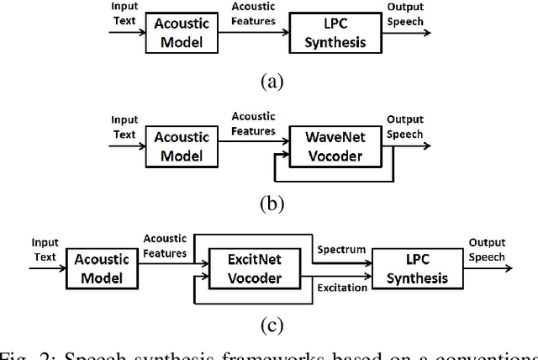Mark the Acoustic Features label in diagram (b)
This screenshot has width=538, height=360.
tap(253, 124)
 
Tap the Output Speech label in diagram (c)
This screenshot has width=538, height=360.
tap(488, 249)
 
